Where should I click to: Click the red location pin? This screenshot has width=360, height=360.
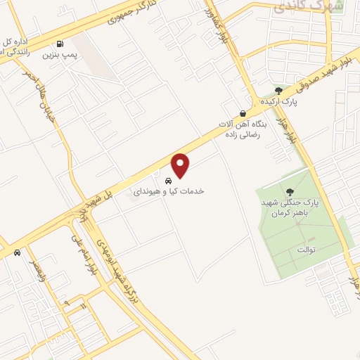pyautogui.click(x=181, y=166)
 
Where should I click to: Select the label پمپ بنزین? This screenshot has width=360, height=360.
pyautogui.click(x=59, y=53)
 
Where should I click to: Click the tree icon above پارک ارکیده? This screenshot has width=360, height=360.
pyautogui.click(x=278, y=91)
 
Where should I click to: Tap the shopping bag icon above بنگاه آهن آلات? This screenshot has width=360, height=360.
pyautogui.click(x=243, y=113)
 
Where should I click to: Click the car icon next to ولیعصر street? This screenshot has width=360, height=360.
pyautogui.click(x=17, y=252)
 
